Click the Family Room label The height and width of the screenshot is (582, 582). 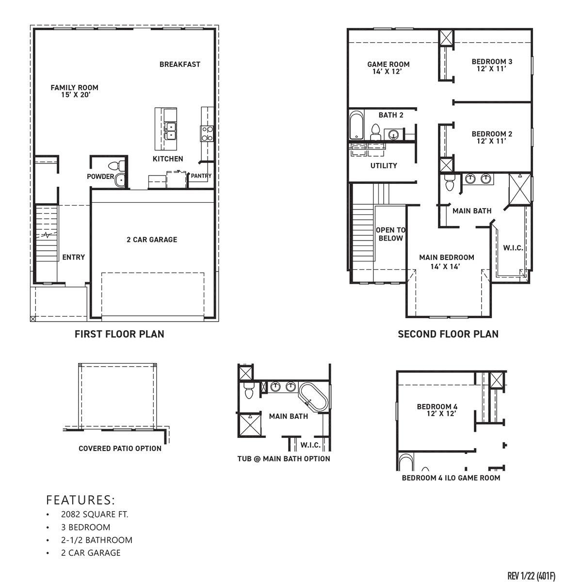pyautogui.click(x=74, y=91)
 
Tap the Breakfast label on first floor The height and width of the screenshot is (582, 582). pyautogui.click(x=179, y=64)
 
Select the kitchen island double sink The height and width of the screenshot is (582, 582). pyautogui.click(x=170, y=130)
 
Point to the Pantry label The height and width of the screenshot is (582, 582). pyautogui.click(x=201, y=176)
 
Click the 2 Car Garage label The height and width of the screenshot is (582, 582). pyautogui.click(x=152, y=240)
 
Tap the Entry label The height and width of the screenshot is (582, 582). pyautogui.click(x=73, y=257)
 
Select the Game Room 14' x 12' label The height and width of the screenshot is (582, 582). pyautogui.click(x=388, y=67)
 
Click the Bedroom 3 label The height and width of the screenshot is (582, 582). pyautogui.click(x=492, y=65)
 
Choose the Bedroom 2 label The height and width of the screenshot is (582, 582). pyautogui.click(x=492, y=137)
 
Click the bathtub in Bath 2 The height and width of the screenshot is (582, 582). pyautogui.click(x=356, y=126)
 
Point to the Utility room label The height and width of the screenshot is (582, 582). pyautogui.click(x=384, y=166)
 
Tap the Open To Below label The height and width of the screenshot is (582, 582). pyautogui.click(x=390, y=234)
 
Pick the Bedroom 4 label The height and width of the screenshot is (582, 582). pyautogui.click(x=437, y=410)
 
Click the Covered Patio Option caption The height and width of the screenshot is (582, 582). pyautogui.click(x=120, y=448)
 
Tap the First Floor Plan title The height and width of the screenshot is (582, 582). pyautogui.click(x=119, y=334)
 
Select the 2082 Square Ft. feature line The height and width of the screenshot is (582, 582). pyautogui.click(x=95, y=515)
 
